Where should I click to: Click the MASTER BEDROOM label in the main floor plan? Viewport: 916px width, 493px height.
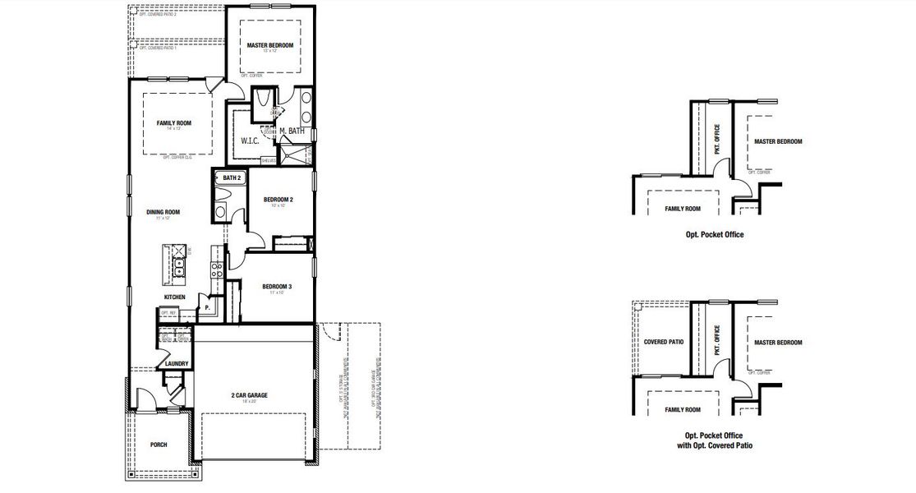tap(269, 45)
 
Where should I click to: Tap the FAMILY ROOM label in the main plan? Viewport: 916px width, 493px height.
tap(173, 123)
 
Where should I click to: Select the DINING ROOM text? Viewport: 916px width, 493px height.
tap(163, 212)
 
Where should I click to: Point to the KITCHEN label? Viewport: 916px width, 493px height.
tap(174, 297)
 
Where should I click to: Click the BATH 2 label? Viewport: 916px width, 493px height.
tap(231, 177)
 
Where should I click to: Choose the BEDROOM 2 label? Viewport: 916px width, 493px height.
tap(278, 200)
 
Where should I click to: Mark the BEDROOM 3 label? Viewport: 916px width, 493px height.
tap(277, 287)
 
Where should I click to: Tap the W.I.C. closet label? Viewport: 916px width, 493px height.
tap(250, 141)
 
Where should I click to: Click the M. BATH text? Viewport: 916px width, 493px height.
tap(292, 131)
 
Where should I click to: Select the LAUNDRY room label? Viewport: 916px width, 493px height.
tap(177, 363)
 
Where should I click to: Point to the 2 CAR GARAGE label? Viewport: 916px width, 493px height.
tap(249, 395)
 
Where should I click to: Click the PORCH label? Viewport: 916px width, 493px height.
tap(159, 445)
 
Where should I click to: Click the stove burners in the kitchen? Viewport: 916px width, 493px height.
tap(217, 271)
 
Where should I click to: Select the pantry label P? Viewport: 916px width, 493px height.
tap(207, 307)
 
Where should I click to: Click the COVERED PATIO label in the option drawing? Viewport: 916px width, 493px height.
tap(663, 342)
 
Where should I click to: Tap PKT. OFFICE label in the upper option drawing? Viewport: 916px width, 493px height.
tap(717, 139)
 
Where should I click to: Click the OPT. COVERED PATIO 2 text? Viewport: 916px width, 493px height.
tap(158, 14)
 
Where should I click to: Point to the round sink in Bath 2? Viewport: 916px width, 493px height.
tap(220, 212)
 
